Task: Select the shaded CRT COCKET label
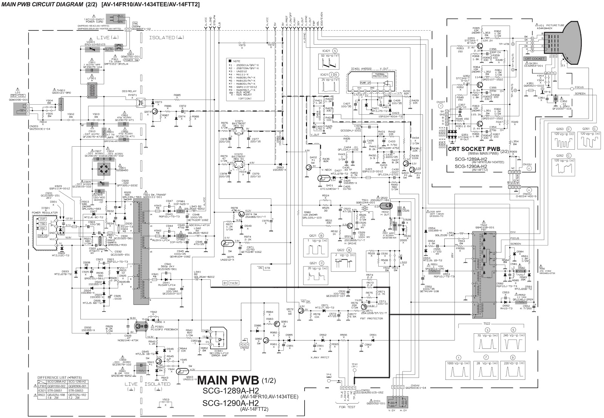pos(534,59)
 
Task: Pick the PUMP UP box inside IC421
pos(365,82)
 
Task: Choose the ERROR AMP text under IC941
pos(219,356)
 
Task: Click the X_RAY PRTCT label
pos(320,357)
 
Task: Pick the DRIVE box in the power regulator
pos(43,236)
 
